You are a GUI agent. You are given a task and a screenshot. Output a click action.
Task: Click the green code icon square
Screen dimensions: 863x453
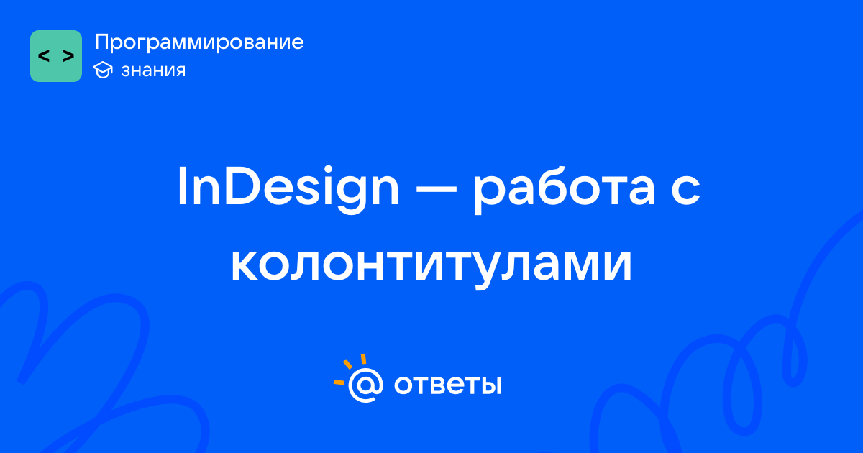(x=56, y=56)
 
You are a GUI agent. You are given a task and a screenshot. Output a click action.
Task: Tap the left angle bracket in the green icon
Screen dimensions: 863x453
(x=44, y=56)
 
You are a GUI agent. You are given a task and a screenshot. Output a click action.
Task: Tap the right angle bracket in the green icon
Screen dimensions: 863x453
(x=68, y=56)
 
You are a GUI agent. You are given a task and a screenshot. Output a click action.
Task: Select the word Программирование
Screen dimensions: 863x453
(x=198, y=42)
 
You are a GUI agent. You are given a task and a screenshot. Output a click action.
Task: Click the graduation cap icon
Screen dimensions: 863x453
(x=103, y=70)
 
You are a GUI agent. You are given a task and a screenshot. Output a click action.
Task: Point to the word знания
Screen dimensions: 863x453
(x=153, y=70)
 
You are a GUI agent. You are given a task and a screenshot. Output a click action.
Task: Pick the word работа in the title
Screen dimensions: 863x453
(x=564, y=190)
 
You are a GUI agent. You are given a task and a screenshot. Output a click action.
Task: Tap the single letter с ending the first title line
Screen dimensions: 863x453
(x=685, y=191)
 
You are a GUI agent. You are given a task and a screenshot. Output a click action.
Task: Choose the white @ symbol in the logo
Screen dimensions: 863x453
(x=365, y=385)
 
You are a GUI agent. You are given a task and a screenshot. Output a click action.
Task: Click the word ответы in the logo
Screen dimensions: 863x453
(x=447, y=385)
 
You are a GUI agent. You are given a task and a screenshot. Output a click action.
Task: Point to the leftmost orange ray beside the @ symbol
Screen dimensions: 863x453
(x=339, y=382)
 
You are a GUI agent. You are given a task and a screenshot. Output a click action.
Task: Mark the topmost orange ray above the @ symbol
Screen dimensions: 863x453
(x=363, y=359)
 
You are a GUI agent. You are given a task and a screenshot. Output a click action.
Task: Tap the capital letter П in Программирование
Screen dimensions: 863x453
(x=102, y=42)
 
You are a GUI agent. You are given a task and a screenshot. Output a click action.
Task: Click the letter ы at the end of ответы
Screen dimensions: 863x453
(x=491, y=385)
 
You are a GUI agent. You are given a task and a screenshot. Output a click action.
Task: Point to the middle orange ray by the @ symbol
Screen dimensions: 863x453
(x=347, y=364)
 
